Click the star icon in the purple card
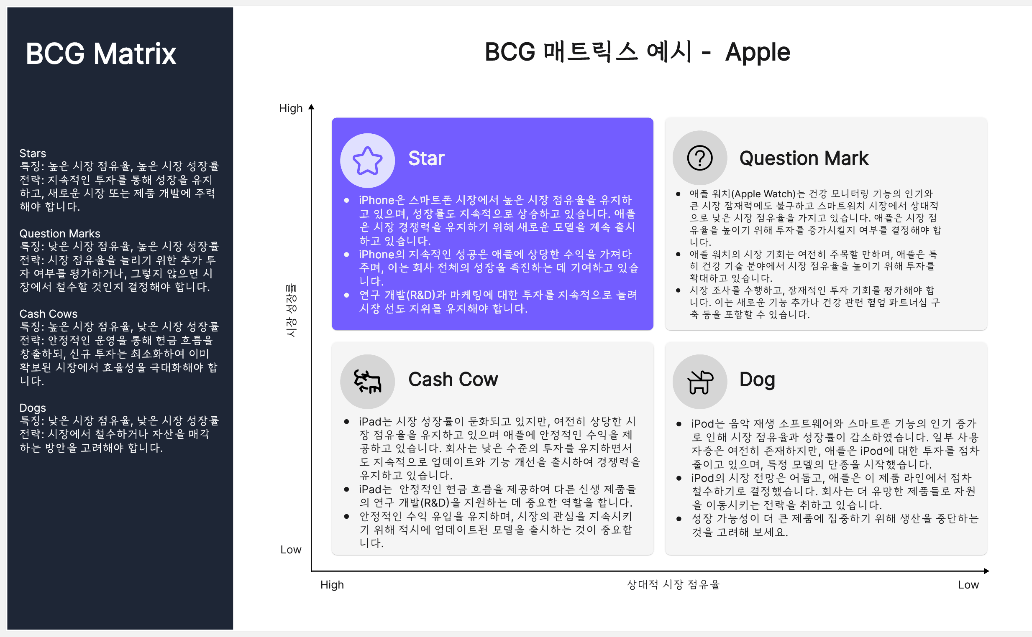pos(367,161)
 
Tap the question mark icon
pos(700,158)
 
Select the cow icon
pos(367,382)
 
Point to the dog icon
pos(700,382)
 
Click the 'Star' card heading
pos(426,158)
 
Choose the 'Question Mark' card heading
pos(804,158)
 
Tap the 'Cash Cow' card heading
pos(453,379)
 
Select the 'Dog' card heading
pos(757,380)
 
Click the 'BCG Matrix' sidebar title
pos(101,54)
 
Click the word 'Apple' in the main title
pos(758,53)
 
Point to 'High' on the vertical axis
pos(291,108)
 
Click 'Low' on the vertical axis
pos(291,550)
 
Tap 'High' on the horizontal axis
pos(332,585)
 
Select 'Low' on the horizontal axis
pos(968,585)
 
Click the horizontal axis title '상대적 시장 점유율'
pos(673,585)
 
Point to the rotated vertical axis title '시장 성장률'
pos(291,311)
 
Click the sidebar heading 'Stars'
pos(33,153)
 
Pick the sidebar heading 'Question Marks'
pos(60,233)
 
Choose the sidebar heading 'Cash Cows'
pos(49,314)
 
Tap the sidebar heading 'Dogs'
pos(33,408)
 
